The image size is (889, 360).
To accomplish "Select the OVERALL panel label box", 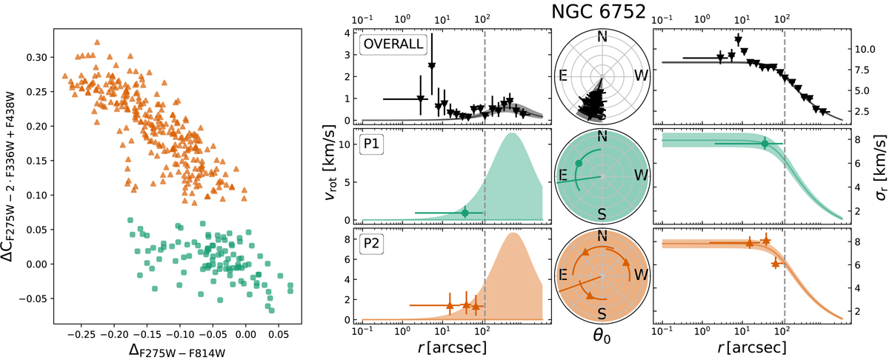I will (392, 44).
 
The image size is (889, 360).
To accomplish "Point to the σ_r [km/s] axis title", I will (876, 178).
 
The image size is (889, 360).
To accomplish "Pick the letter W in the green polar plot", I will (636, 176).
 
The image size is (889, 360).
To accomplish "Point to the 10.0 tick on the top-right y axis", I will (856, 50).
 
